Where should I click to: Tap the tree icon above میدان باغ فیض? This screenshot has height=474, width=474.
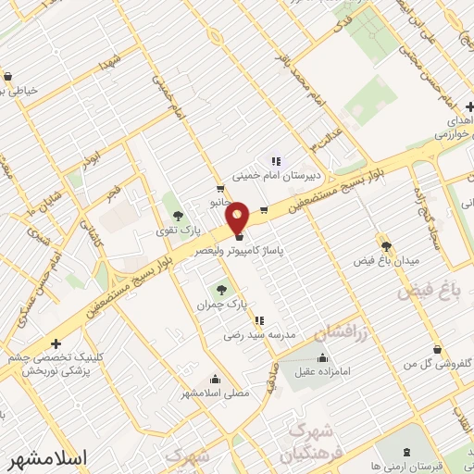tap(386, 246)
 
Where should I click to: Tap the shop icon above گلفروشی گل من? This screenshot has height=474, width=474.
tap(436, 349)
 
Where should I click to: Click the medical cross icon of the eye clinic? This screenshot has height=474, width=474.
tap(56, 343)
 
